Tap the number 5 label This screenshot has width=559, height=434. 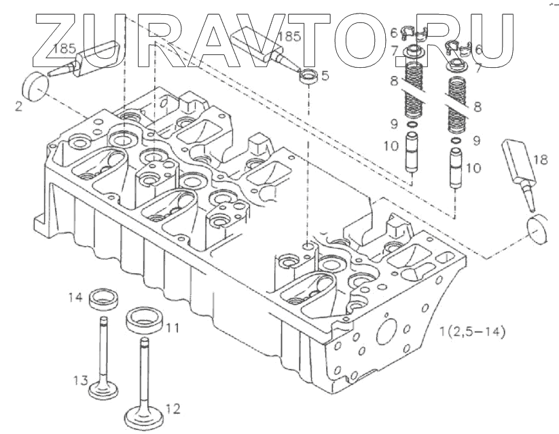click(325, 76)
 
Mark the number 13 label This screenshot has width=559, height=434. click(81, 379)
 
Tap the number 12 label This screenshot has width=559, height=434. click(173, 408)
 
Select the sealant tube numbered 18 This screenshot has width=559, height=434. click(519, 165)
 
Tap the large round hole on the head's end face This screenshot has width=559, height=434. click(386, 330)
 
